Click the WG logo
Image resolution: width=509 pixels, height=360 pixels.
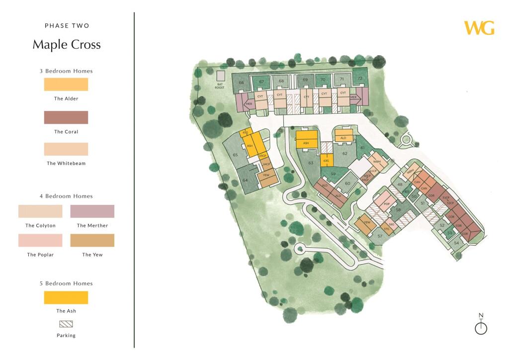coord(479,28)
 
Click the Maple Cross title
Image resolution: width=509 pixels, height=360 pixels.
coord(67,45)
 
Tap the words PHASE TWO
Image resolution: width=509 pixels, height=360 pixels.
coord(67,25)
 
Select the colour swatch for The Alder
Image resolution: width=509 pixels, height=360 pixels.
coord(66,84)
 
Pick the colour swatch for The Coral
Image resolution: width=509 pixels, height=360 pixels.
coord(66,117)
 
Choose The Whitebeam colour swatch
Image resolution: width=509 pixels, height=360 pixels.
coord(66,149)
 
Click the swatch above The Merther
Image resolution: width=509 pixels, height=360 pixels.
coord(92,211)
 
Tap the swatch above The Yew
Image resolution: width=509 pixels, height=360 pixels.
coord(92,241)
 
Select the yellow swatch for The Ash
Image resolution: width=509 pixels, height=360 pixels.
coord(66,297)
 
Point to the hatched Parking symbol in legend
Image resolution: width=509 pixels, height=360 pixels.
coord(66,324)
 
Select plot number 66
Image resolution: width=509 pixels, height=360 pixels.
coord(242,83)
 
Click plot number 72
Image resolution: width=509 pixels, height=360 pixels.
coord(360,78)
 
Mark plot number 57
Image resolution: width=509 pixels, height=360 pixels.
coord(380,236)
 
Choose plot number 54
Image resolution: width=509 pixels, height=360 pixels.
coord(457,243)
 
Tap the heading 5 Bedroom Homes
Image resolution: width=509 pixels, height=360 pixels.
coord(66,283)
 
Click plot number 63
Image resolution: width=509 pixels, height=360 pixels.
coord(311,163)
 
